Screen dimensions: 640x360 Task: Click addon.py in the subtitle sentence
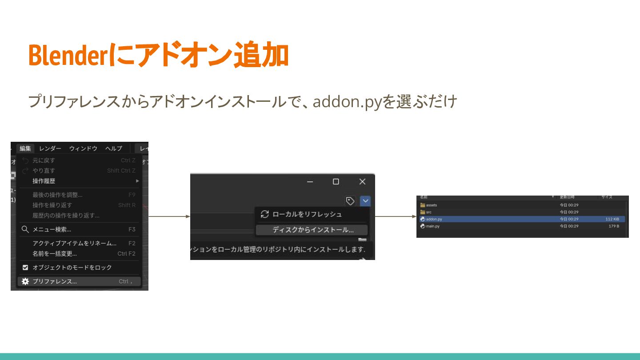click(347, 102)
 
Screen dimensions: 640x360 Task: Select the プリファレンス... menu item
click(54, 281)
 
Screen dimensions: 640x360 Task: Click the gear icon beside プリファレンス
click(25, 281)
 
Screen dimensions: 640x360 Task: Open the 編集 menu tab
click(25, 148)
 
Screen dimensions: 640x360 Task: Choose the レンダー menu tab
click(50, 148)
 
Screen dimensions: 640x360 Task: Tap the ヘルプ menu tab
click(113, 148)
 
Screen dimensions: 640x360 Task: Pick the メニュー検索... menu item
click(52, 229)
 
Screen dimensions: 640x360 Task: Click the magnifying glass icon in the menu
click(25, 229)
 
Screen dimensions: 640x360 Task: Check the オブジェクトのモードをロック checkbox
click(25, 268)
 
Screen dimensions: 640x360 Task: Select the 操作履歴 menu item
click(44, 181)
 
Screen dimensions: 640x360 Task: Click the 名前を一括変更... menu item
click(54, 254)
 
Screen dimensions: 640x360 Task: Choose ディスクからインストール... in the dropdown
click(313, 230)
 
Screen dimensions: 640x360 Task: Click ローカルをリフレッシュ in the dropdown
click(307, 214)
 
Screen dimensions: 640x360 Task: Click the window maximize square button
click(336, 181)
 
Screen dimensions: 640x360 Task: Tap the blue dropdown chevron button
click(365, 201)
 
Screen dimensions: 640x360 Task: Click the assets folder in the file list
click(431, 205)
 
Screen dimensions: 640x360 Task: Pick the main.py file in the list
click(432, 226)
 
